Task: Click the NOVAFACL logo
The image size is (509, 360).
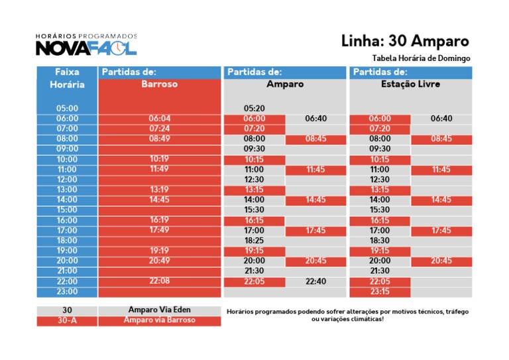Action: (x=86, y=46)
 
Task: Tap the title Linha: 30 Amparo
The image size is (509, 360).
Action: (x=405, y=41)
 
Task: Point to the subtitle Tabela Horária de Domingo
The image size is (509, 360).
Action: (x=421, y=58)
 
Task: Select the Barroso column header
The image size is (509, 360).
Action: (x=159, y=85)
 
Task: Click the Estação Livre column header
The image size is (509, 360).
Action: (x=410, y=85)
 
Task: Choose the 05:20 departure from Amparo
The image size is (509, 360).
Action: (x=254, y=108)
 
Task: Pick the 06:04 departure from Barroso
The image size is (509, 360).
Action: (x=160, y=118)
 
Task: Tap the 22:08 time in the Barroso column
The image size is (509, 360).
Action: (x=160, y=281)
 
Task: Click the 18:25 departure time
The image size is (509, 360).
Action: (x=254, y=240)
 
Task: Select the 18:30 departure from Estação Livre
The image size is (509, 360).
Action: (x=380, y=240)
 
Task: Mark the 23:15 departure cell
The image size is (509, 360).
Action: (x=380, y=291)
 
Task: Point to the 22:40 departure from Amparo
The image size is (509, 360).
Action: (x=315, y=281)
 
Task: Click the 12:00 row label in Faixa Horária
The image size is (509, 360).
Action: (x=67, y=179)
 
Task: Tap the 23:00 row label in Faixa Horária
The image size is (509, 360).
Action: (x=67, y=291)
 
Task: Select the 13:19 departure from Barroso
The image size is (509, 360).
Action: (x=160, y=190)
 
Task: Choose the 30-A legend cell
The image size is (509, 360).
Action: (x=67, y=320)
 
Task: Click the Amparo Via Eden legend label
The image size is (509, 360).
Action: (x=159, y=310)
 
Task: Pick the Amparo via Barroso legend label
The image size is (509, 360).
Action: (x=159, y=320)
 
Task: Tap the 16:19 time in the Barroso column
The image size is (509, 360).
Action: (x=160, y=220)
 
